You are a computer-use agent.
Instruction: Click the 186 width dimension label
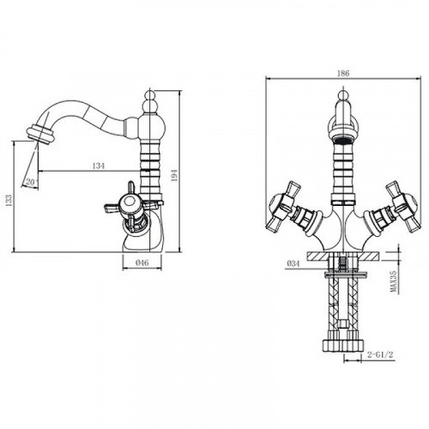click(x=343, y=73)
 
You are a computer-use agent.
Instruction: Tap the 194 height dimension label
click(x=174, y=175)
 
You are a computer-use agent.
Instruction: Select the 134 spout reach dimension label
click(x=99, y=166)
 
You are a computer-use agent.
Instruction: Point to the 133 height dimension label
click(x=9, y=201)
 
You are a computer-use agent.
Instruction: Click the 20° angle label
click(x=32, y=182)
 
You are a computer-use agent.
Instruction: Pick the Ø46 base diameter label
click(x=142, y=263)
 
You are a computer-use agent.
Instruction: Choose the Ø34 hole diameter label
click(x=293, y=263)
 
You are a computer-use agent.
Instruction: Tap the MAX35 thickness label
click(x=394, y=281)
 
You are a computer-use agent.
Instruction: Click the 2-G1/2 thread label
click(x=380, y=354)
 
